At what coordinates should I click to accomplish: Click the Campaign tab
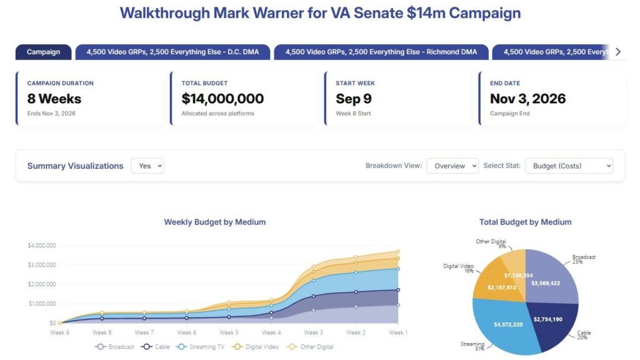pyautogui.click(x=43, y=52)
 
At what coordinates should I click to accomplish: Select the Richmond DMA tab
pyautogui.click(x=381, y=52)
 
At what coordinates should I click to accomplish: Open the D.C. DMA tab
pyautogui.click(x=172, y=52)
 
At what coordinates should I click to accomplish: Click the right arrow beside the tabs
pyautogui.click(x=618, y=52)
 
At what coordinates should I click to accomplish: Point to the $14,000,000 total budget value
pyautogui.click(x=222, y=98)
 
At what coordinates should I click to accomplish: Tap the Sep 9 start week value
pyautogui.click(x=354, y=98)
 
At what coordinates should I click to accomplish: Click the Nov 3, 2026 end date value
pyautogui.click(x=527, y=98)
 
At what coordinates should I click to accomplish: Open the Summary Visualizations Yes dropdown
pyautogui.click(x=147, y=166)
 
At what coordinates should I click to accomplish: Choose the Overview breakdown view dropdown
pyautogui.click(x=452, y=166)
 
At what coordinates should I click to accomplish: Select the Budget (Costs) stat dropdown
pyautogui.click(x=569, y=166)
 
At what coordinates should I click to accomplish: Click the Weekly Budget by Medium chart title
pyautogui.click(x=215, y=222)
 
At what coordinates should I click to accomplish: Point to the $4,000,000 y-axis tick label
pyautogui.click(x=42, y=245)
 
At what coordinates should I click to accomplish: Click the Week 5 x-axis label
pyautogui.click(x=229, y=332)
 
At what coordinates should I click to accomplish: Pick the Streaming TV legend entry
pyautogui.click(x=201, y=346)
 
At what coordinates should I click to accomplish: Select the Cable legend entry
pyautogui.click(x=155, y=346)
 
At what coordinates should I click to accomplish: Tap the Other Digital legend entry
pyautogui.click(x=310, y=346)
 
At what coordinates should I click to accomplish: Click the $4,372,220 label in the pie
pyautogui.click(x=508, y=324)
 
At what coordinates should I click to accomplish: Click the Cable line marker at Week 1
pyautogui.click(x=398, y=290)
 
